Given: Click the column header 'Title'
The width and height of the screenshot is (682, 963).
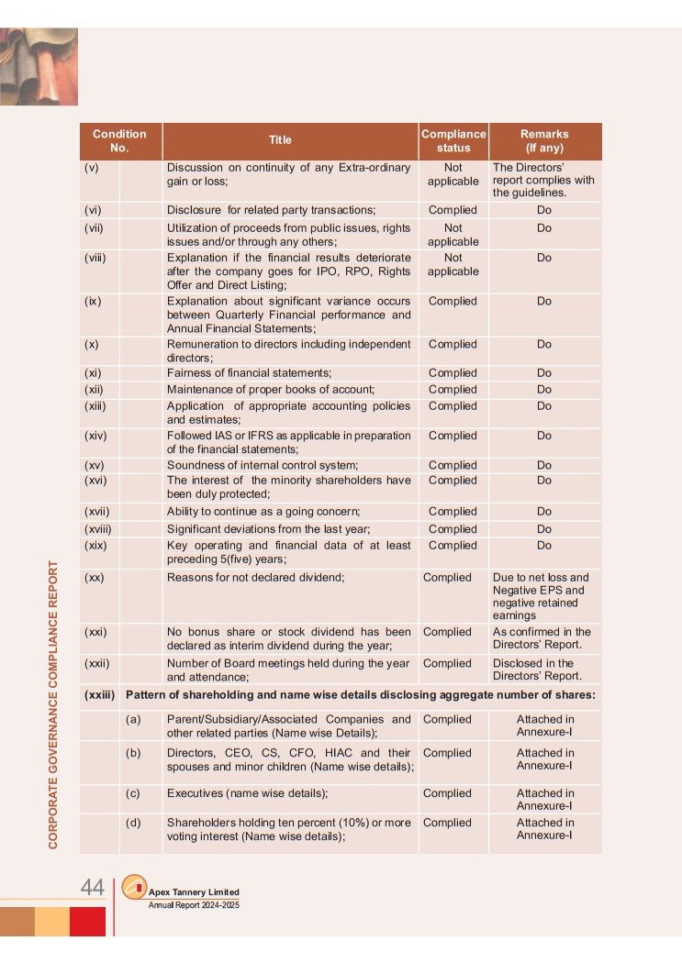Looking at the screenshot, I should coord(280,140).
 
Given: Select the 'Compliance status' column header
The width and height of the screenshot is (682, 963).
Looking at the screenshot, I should coord(453,140).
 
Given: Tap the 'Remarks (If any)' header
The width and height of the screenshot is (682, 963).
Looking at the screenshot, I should coord(544,140).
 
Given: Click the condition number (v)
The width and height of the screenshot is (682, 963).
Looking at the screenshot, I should coord(92,168).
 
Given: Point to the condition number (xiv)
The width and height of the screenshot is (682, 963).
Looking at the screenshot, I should coord(95,436).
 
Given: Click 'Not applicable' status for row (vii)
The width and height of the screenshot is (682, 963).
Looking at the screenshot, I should coord(453,234).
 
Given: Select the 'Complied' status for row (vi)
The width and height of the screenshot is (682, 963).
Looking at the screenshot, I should coord(453,210).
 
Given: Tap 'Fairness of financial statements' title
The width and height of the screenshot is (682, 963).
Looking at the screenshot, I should coord(249,373).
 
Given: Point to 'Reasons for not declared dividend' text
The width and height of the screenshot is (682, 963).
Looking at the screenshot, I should coord(255,578).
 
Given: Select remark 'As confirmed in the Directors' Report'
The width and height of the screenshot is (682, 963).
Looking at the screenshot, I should coord(542,638).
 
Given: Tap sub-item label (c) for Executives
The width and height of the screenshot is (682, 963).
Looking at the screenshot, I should coord(133,793).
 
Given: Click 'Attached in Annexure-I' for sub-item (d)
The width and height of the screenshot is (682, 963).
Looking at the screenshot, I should coord(544,829).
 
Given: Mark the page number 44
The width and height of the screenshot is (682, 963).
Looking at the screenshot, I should coord(92,887).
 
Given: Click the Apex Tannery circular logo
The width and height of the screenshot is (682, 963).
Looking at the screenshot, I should coord(134,887).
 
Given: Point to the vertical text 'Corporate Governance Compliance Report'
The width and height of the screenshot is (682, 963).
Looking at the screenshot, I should coord(53,703).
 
